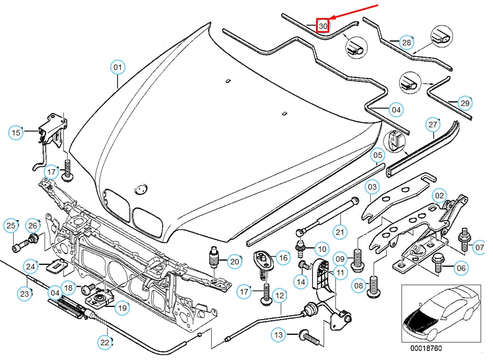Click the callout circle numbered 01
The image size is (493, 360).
[x=117, y=68]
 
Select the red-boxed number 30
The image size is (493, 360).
[x=323, y=26]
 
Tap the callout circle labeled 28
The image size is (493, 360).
[x=406, y=42]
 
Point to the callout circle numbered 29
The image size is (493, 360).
[x=464, y=103]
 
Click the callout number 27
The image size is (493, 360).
[x=433, y=124]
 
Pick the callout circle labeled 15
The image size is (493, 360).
[x=16, y=132]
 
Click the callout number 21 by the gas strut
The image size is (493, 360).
[x=340, y=232]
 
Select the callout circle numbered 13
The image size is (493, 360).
[x=279, y=334]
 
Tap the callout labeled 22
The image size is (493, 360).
[x=105, y=343]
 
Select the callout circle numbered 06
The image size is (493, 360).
[x=461, y=268]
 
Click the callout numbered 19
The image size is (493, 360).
[x=122, y=308]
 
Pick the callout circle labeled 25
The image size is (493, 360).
[x=11, y=225]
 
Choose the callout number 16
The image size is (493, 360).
[x=282, y=257]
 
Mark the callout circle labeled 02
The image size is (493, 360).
[x=439, y=195]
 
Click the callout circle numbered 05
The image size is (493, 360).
[x=377, y=156]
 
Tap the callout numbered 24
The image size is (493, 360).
[x=31, y=267]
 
